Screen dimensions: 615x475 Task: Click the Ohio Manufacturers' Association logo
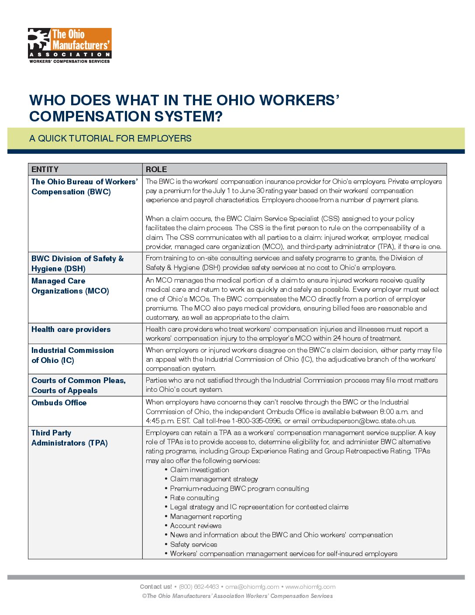[x=70, y=45]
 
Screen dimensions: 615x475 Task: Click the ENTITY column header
[x=45, y=169]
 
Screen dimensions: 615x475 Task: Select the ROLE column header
[x=156, y=169]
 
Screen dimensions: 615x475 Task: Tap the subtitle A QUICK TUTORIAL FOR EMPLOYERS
[x=110, y=138]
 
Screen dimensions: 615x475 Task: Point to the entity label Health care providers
[x=71, y=329]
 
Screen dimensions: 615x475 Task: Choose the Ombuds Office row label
[x=59, y=403]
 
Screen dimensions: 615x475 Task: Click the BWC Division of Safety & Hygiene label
[x=77, y=263]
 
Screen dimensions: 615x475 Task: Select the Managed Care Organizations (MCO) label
[x=70, y=286]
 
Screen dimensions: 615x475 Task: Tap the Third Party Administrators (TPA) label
[x=69, y=438]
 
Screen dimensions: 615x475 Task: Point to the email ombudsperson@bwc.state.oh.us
[x=363, y=421]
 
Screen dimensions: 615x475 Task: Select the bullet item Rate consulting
[x=194, y=498]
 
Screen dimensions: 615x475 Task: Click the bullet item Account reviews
[x=196, y=526]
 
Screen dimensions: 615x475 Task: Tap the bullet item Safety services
[x=193, y=545]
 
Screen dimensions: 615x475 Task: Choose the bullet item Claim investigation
[x=200, y=470]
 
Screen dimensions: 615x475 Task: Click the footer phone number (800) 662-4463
[x=199, y=587]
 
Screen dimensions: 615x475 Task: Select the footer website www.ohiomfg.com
[x=310, y=587]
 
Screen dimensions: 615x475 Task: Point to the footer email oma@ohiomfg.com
[x=252, y=587]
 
